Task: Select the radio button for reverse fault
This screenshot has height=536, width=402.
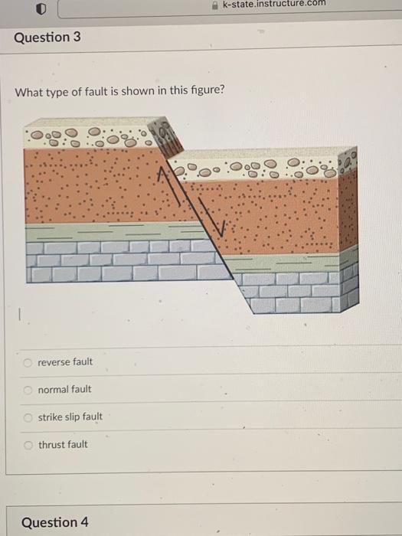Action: click(28, 362)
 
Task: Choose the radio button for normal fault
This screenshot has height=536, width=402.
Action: click(28, 390)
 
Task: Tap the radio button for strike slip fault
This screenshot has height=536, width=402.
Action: click(28, 417)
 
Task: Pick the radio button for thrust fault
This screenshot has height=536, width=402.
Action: click(28, 445)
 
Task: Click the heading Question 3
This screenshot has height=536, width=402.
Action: click(47, 37)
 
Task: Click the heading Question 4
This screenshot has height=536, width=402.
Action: click(54, 522)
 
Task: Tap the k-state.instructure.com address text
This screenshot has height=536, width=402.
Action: click(273, 4)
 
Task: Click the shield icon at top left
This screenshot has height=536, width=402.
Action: click(43, 8)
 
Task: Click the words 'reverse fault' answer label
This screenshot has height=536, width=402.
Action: click(65, 362)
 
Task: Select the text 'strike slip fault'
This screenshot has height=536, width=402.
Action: click(70, 417)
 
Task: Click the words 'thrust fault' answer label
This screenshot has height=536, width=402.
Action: click(63, 445)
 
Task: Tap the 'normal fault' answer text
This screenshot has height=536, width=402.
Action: click(64, 390)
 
